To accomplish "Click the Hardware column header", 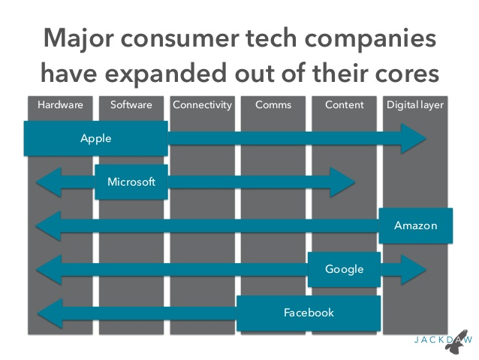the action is [x=60, y=105].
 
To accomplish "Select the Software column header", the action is [x=131, y=105].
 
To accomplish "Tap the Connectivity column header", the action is [x=202, y=105].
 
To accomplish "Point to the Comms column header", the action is [x=273, y=105].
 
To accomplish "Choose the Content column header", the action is [x=345, y=105].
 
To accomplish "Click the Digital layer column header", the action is [x=415, y=105].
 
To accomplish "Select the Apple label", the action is [x=96, y=139].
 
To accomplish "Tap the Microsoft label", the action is [x=131, y=182].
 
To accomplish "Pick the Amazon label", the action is [x=415, y=225].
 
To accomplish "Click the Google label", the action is [x=345, y=270].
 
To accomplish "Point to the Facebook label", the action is [x=309, y=313].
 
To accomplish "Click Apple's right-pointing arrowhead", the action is [x=413, y=138].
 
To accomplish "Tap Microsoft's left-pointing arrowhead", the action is [x=49, y=183].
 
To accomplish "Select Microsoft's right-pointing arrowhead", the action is [x=342, y=183].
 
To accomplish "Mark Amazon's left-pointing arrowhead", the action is [x=49, y=226].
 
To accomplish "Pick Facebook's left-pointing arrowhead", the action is [x=50, y=313].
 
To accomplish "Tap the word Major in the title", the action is [x=79, y=39].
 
